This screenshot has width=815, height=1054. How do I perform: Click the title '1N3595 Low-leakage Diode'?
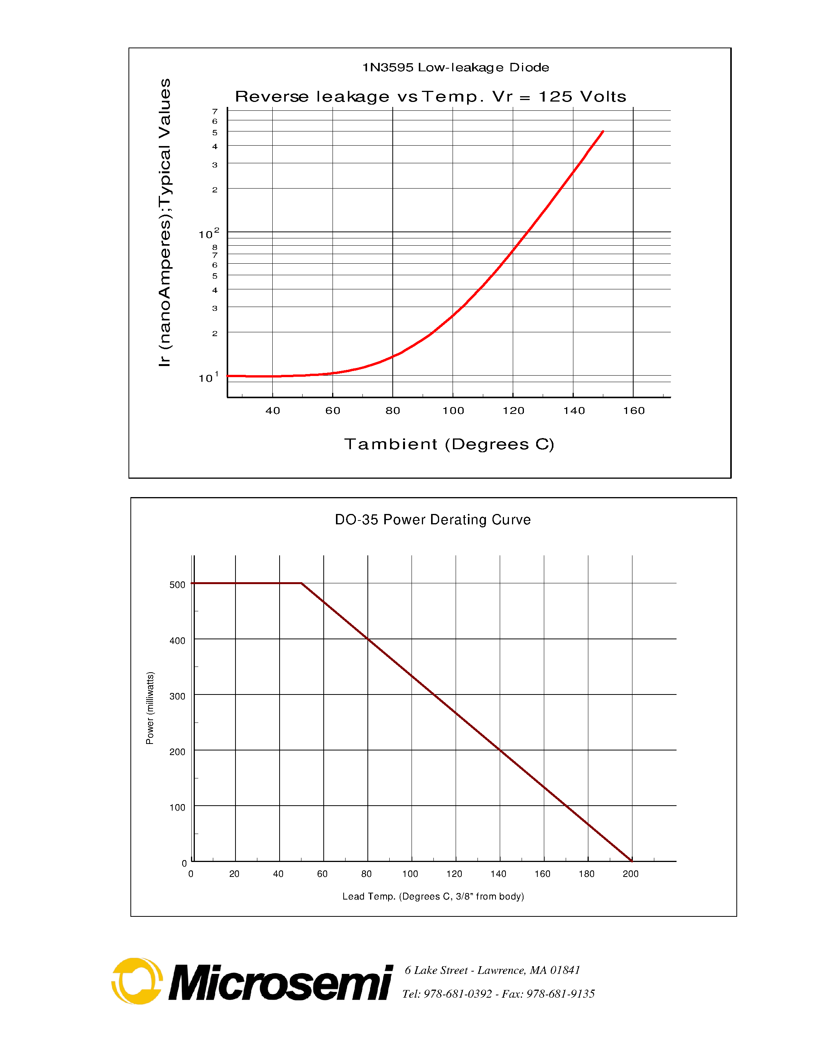coord(455,67)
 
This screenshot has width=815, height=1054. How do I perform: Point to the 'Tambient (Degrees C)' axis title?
coord(449,444)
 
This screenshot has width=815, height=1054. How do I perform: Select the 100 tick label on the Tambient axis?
coord(453,411)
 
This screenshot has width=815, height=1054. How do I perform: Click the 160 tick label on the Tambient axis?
coord(634,411)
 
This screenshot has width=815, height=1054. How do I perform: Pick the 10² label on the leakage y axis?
coord(209,234)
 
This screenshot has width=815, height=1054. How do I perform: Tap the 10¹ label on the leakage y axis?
coord(209,378)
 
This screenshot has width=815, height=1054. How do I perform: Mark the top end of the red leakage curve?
coord(603,131)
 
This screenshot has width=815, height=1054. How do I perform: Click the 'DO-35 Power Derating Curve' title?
coord(433,520)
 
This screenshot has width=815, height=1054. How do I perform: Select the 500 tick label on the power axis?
coord(177,585)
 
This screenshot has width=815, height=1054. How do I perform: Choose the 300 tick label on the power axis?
coord(177,696)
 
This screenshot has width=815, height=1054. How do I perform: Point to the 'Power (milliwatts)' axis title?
coord(150,708)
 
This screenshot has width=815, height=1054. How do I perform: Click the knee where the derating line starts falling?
coord(301,583)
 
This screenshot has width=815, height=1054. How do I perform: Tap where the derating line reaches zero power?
coord(632,861)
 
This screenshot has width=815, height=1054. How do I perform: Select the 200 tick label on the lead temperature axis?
coord(631,874)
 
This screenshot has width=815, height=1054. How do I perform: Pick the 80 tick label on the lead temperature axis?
coord(366,874)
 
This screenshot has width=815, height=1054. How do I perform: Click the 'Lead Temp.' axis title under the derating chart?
coord(433,897)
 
